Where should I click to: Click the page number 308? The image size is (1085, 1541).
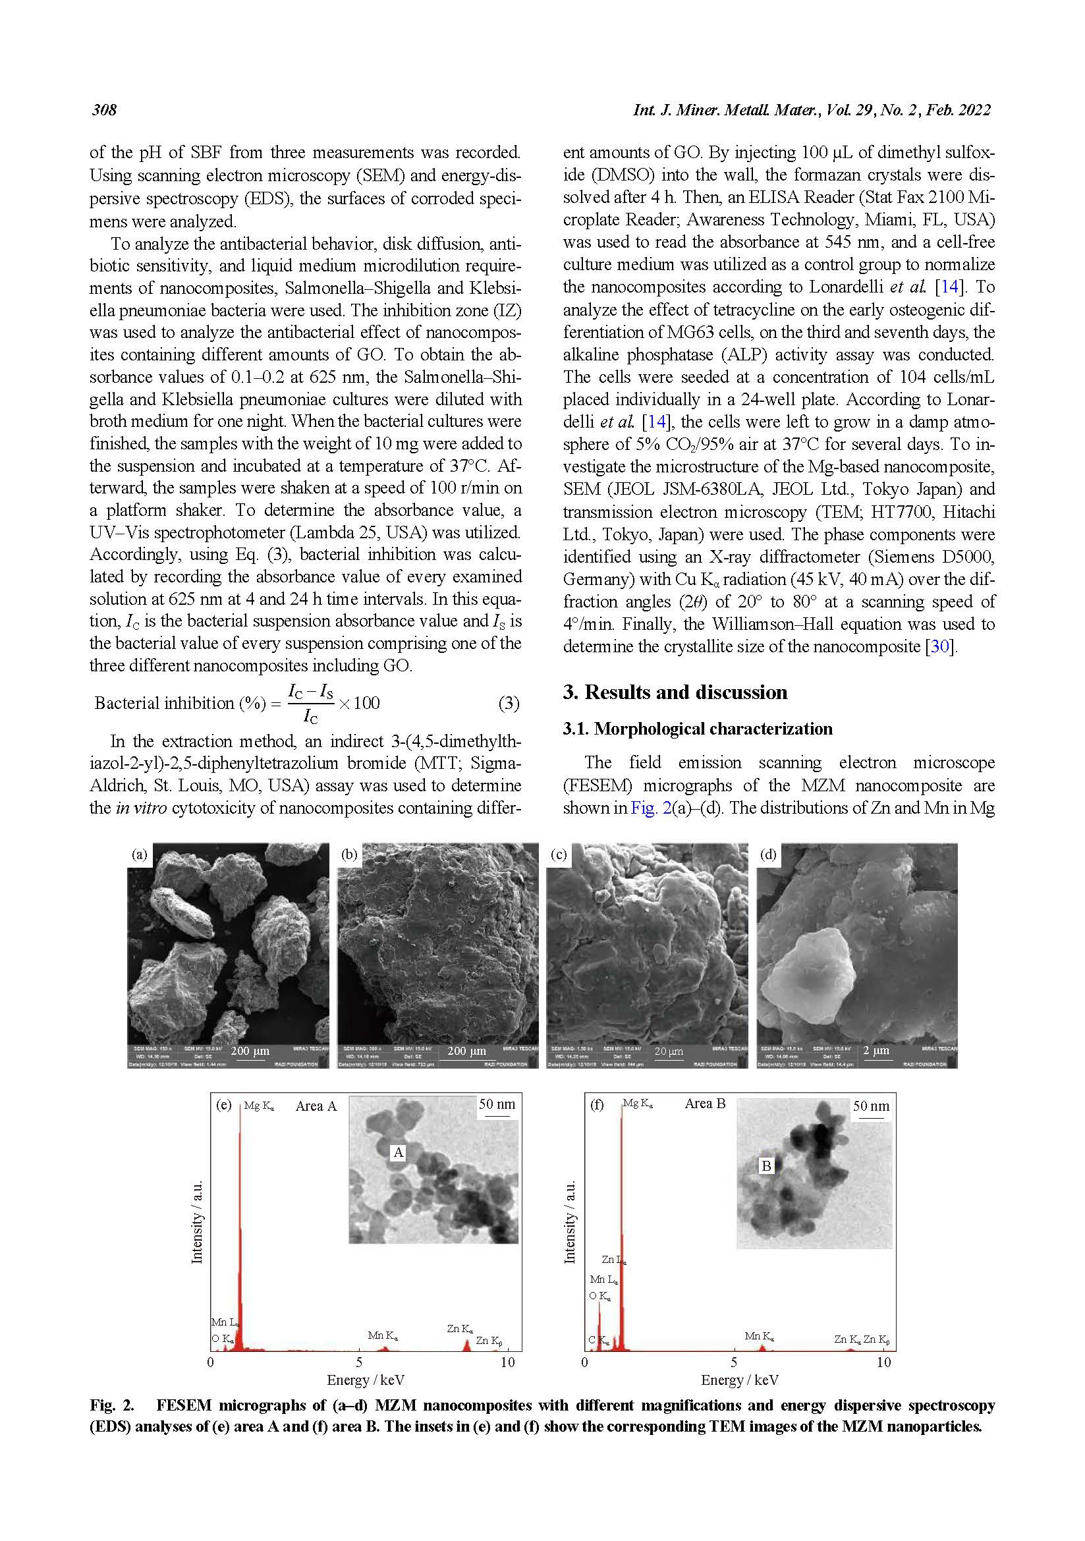104,110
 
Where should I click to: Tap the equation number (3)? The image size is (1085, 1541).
509,703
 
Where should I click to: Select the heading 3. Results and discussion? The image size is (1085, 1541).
675,692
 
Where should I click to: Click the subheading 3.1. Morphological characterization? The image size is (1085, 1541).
697,729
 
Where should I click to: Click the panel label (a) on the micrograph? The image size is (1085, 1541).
139,855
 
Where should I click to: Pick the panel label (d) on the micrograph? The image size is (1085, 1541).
767,855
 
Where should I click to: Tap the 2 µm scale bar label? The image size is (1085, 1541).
876,1050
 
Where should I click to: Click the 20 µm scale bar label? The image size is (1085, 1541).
668,1051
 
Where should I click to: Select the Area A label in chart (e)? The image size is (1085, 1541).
316,1106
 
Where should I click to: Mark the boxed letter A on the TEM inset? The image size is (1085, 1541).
399,1152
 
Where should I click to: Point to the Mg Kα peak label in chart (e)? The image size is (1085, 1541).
258,1106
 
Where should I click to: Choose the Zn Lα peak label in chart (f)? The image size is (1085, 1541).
614,1260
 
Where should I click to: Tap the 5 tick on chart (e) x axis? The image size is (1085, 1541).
359,1362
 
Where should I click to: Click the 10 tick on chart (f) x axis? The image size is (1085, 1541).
883,1362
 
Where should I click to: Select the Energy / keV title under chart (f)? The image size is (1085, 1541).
739,1380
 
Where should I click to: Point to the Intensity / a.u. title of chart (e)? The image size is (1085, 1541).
197,1221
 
